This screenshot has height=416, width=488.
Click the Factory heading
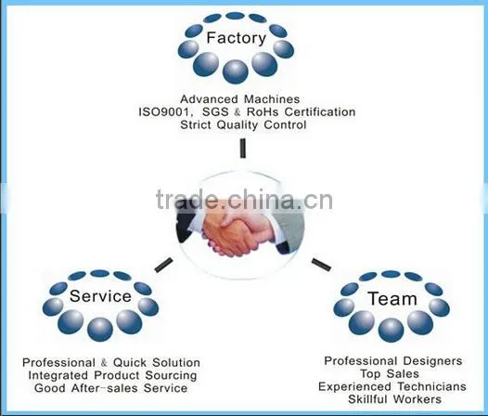(x=237, y=38)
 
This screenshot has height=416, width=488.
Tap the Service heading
(x=100, y=295)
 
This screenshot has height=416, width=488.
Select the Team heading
(x=392, y=298)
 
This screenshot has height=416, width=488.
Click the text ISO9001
(x=163, y=111)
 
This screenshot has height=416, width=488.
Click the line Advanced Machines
(x=240, y=99)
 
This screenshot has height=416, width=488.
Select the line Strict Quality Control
(x=243, y=125)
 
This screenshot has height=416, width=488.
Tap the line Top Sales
(x=390, y=373)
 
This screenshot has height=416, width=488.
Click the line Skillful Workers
(x=394, y=399)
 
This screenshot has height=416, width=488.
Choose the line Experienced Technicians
(x=392, y=386)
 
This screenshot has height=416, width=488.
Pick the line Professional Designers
(x=393, y=361)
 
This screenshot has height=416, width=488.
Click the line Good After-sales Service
(x=111, y=388)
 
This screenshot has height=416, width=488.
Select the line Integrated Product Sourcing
(x=112, y=375)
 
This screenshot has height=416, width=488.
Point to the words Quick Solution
(x=157, y=362)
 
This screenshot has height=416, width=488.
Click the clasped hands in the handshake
(x=236, y=233)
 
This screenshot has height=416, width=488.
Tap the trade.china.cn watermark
(x=244, y=200)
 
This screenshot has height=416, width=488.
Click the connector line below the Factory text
(x=243, y=149)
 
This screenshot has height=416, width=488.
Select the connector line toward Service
(x=163, y=265)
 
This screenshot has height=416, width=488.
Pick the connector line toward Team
(x=322, y=265)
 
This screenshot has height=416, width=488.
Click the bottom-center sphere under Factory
(x=236, y=71)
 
